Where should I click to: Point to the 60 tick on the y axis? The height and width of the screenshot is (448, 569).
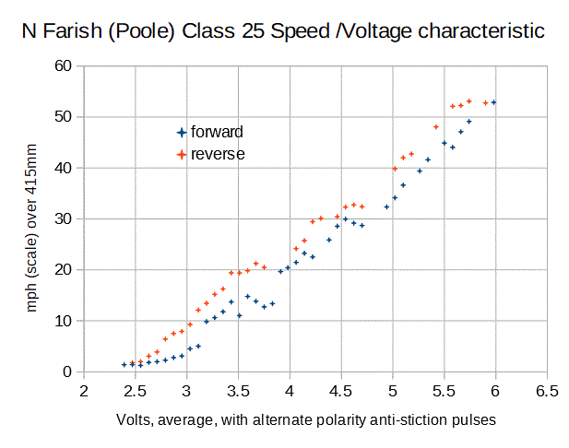coord(63,65)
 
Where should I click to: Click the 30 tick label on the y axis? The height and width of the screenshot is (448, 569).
coord(63,218)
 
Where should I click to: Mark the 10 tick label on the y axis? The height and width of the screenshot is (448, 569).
coord(63,321)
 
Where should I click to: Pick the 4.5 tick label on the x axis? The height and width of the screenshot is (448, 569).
coord(341,389)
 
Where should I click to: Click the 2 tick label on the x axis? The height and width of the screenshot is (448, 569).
coord(84,389)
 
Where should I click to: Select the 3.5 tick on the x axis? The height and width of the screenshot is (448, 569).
coord(238,389)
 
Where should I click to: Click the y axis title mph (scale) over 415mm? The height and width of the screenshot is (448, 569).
coord(32,218)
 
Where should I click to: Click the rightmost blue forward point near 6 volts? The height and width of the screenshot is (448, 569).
coord(494,102)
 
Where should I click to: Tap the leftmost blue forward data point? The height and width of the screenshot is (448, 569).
coord(124,365)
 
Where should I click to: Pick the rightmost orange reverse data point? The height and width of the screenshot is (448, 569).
coord(486,102)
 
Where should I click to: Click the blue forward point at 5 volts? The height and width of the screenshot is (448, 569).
coord(395,197)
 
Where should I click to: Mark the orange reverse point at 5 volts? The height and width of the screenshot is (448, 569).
coord(395,169)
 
